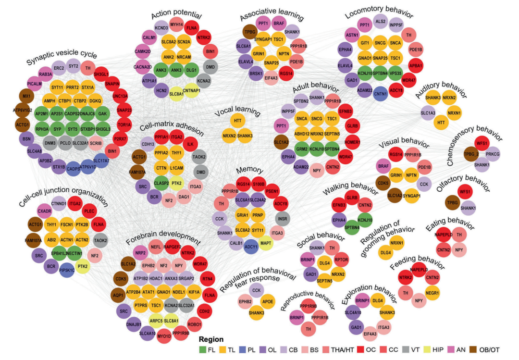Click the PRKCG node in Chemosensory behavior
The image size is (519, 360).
493,154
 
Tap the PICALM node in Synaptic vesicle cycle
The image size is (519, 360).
35,84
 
